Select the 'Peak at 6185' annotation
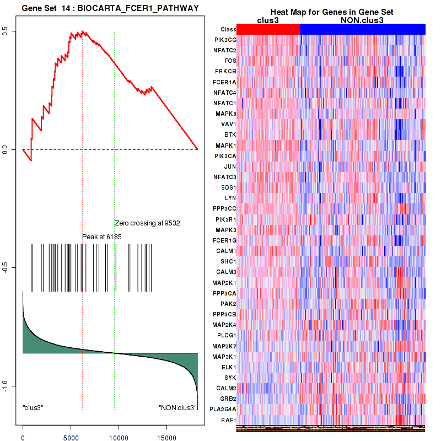click(x=101, y=236)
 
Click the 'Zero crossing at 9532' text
click(x=147, y=223)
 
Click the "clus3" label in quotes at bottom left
click(x=33, y=408)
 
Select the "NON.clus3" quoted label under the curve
click(x=178, y=408)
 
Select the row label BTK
click(x=230, y=135)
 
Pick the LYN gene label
click(x=230, y=197)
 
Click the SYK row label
click(x=230, y=377)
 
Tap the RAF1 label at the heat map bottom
click(x=229, y=420)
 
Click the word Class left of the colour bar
click(x=228, y=29)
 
